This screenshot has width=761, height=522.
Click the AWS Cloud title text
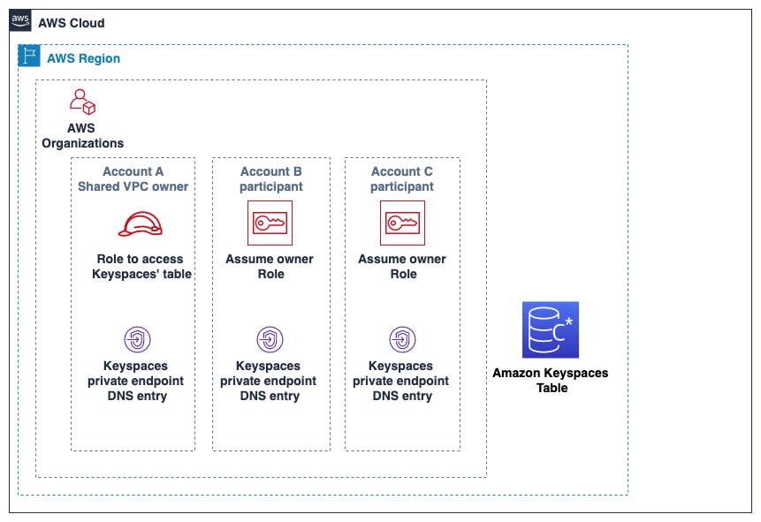[72, 23]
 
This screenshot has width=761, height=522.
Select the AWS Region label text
[83, 58]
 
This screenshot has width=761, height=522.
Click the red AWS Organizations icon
[82, 102]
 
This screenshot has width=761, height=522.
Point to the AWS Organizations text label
[82, 136]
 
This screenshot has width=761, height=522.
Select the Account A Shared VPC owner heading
[133, 179]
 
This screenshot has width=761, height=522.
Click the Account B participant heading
[271, 179]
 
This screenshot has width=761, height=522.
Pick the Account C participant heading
[402, 179]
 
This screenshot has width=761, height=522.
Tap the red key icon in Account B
[270, 223]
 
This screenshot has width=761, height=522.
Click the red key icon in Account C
[402, 223]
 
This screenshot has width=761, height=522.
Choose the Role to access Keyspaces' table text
[141, 267]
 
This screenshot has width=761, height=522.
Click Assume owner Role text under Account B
[270, 267]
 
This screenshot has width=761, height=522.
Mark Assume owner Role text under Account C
[402, 267]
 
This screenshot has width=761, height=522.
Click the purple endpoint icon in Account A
[137, 339]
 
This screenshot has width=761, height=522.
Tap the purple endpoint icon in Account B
[270, 339]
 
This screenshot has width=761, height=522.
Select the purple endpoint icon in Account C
[402, 339]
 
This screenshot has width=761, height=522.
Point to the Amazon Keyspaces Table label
[551, 381]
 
